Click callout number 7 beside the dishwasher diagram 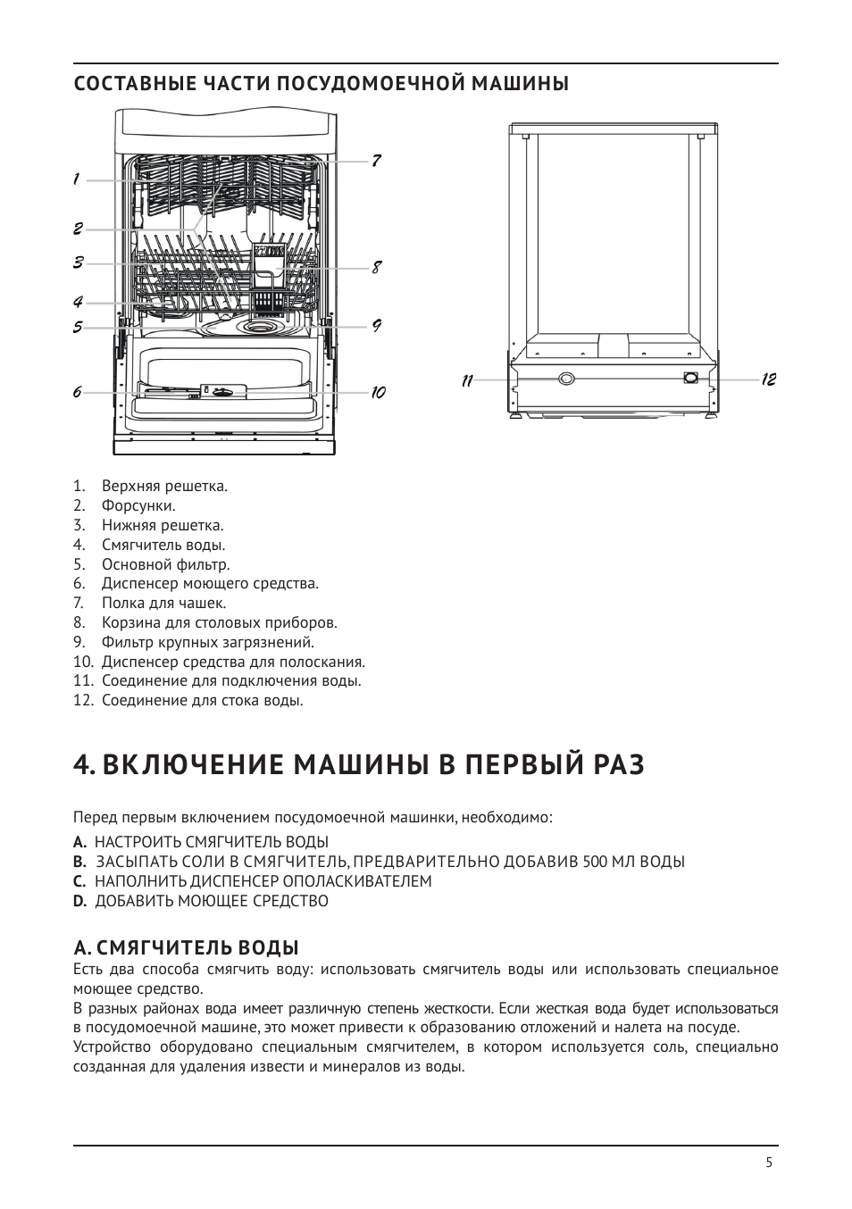(377, 161)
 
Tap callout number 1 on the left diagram (77, 179)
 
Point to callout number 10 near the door (378, 392)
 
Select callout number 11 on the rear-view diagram (467, 380)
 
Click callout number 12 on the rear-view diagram (769, 379)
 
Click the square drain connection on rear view (689, 378)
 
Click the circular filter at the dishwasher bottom (259, 329)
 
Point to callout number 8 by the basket (377, 267)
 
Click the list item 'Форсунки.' (138, 506)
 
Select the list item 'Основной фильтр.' (165, 564)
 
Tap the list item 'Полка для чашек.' (163, 603)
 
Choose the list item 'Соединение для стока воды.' (202, 700)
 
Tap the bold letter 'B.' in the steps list (79, 862)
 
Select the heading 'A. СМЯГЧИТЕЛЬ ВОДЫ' (186, 946)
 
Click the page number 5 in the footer (769, 1162)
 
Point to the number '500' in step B (596, 862)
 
